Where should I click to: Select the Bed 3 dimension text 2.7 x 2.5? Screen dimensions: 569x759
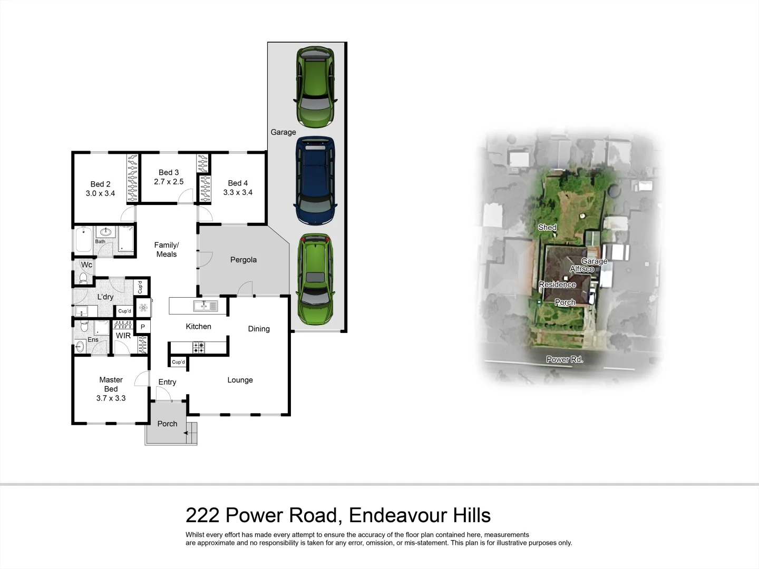point(169,182)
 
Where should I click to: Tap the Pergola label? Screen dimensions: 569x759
point(244,260)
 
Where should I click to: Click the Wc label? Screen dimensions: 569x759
point(86,264)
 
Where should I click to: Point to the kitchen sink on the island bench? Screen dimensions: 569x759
point(205,306)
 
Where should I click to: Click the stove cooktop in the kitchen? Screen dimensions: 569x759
point(199,347)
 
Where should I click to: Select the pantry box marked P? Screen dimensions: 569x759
point(142,327)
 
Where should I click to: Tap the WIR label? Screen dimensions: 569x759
point(123,336)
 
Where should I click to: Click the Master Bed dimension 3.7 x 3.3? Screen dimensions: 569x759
point(111,398)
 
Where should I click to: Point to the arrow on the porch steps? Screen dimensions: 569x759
point(187,433)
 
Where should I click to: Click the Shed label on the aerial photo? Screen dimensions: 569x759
point(547,228)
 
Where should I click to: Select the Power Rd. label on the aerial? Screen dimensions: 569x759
point(565,359)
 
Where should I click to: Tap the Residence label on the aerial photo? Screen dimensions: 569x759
point(557,284)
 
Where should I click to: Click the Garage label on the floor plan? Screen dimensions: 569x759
point(283,132)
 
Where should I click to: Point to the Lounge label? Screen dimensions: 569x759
point(240,380)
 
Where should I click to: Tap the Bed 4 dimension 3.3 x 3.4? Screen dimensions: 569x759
point(238,192)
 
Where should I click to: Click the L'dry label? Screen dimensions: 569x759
point(105,297)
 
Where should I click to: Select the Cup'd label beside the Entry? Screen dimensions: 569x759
point(179,362)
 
